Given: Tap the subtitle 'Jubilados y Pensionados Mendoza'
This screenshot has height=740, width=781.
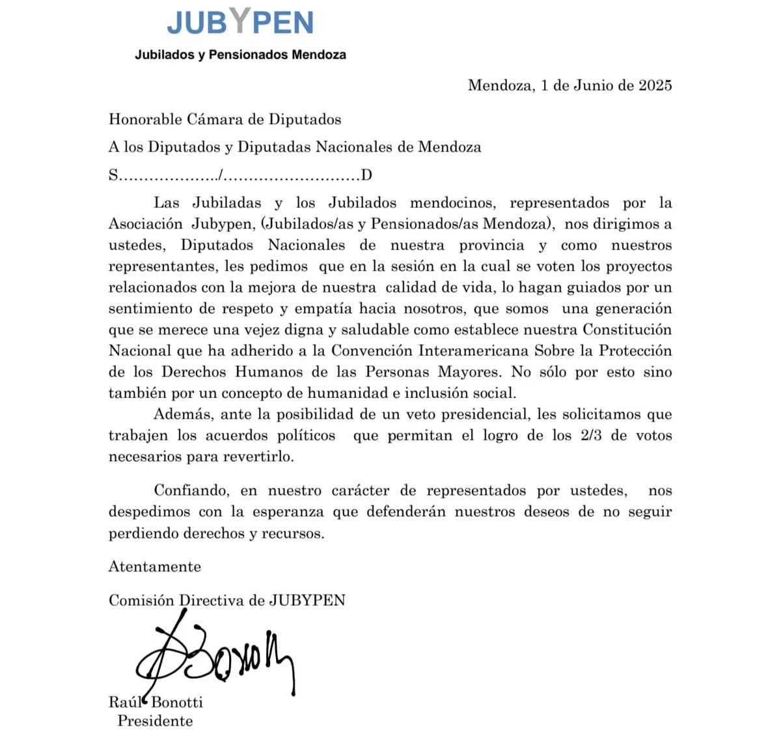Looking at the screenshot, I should click(240, 55).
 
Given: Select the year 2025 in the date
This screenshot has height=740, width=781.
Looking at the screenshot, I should click(655, 85).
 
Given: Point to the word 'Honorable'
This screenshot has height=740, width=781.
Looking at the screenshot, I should click(145, 119).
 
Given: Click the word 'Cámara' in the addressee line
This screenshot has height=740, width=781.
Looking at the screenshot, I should click(215, 119).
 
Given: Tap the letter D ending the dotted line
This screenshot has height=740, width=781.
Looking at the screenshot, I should click(366, 175).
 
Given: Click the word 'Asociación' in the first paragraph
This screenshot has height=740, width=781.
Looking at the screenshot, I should click(146, 224).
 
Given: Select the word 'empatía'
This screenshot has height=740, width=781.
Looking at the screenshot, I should click(323, 309).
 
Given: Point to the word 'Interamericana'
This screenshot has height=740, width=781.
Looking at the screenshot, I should click(473, 351).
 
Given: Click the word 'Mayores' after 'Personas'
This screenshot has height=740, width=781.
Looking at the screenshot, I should click(469, 372).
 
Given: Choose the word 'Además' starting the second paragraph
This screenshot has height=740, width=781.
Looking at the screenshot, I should click(184, 414).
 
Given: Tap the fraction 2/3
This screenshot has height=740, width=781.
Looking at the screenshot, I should click(591, 435).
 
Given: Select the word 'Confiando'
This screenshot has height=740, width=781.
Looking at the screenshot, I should click(191, 491).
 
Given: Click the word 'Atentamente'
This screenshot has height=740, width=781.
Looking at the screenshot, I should click(155, 567).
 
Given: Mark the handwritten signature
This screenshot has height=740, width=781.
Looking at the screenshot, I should click(215, 658).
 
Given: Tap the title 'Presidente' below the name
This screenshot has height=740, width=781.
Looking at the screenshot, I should click(155, 721).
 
